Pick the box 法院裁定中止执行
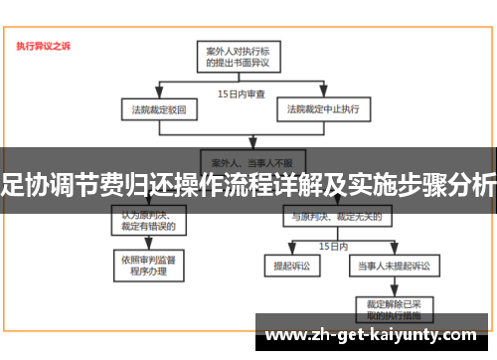tap(323, 107)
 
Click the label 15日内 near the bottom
tap(332, 245)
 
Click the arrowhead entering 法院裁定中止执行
tap(323, 97)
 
